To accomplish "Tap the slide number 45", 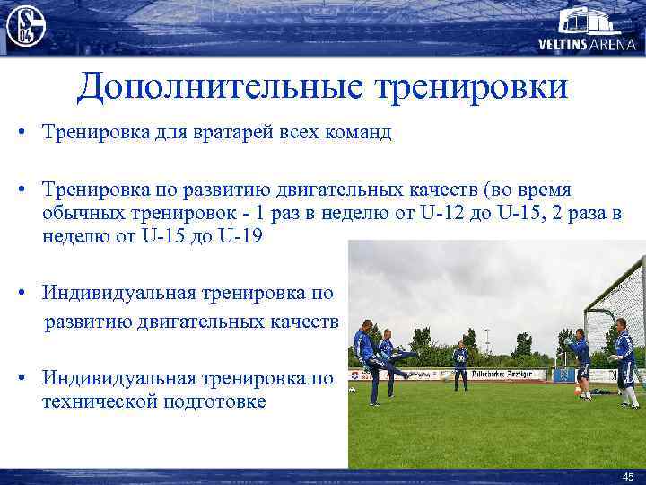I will tap(626, 475).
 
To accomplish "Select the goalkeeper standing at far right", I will tap(626, 364).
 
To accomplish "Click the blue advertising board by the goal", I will tap(565, 375).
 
